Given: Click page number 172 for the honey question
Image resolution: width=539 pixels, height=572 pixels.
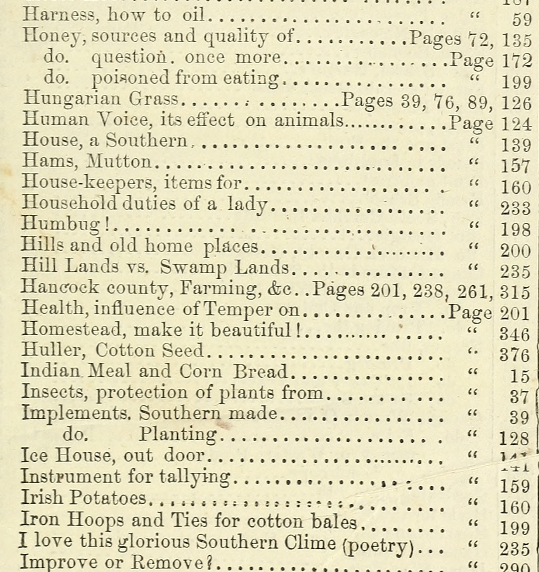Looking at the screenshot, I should coord(516,61).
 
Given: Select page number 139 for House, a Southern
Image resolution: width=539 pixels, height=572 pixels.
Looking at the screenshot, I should coord(516,145).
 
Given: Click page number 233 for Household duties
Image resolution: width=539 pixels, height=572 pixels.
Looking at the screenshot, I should coord(515,209).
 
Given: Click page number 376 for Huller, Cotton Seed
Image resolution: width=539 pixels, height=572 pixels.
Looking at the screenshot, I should coord(515,355).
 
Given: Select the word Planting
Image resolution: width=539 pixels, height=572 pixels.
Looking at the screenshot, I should coord(178,435).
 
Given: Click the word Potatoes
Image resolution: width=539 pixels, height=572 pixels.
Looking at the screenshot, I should coord(107,498).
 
